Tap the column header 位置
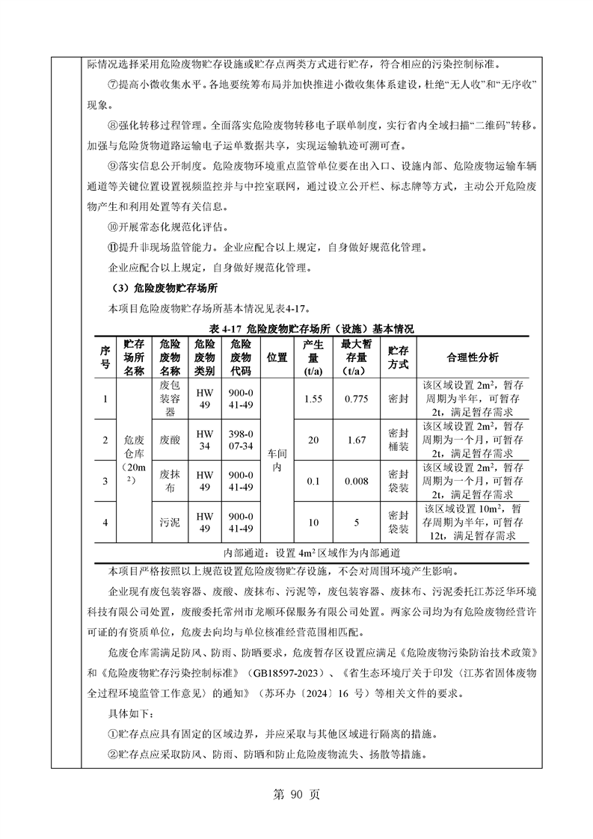click(277, 357)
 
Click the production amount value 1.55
click(313, 399)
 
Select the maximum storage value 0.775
click(357, 399)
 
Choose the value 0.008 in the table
click(357, 482)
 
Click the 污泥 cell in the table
click(170, 522)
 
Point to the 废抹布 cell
click(170, 482)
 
